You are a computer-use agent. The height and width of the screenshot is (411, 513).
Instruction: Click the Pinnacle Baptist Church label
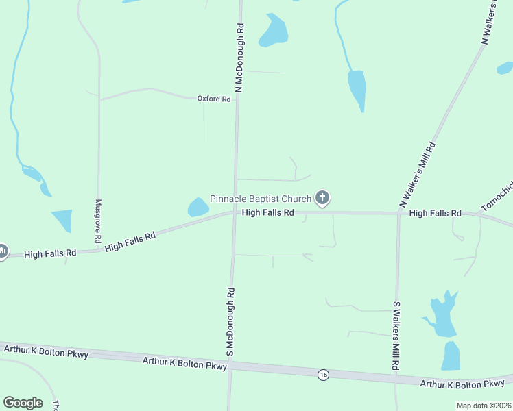click(261, 199)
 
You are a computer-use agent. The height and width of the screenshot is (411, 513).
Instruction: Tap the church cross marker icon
click(322, 199)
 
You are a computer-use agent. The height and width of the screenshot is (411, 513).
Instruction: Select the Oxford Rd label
click(214, 99)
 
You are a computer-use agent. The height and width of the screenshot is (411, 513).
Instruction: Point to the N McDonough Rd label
click(239, 59)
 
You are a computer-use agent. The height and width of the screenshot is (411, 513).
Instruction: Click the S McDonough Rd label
click(231, 322)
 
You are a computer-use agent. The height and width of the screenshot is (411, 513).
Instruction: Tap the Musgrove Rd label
click(98, 222)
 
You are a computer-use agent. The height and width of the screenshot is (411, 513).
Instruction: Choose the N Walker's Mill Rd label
click(418, 175)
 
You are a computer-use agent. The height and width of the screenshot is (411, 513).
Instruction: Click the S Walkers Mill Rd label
click(396, 336)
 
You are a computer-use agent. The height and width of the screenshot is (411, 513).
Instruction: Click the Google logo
click(23, 403)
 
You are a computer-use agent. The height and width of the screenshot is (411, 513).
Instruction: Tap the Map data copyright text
click(484, 406)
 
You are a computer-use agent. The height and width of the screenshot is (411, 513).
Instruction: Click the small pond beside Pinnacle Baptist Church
click(198, 207)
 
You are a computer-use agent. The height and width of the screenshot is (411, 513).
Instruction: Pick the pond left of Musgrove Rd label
click(62, 221)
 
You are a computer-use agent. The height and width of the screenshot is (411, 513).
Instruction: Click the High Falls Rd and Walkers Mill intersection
click(398, 213)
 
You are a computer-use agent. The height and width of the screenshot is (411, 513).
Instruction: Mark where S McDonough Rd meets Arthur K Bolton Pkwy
click(230, 366)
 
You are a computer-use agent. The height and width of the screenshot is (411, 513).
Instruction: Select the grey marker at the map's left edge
click(2, 251)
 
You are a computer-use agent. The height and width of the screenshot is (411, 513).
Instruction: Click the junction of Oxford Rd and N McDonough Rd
click(237, 99)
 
